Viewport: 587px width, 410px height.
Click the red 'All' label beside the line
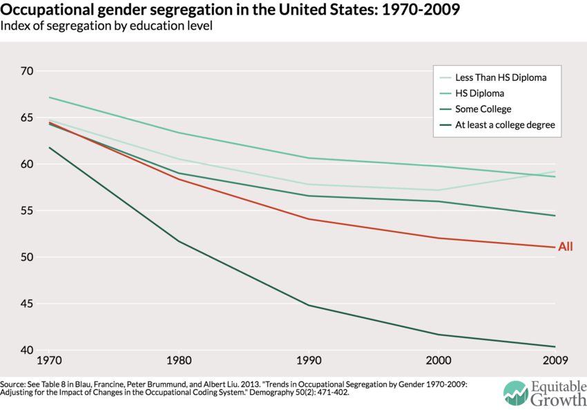(566, 246)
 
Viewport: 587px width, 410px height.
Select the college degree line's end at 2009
(555, 346)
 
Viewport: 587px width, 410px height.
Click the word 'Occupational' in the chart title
(47, 10)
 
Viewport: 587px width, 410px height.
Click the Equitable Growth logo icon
(515, 393)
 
